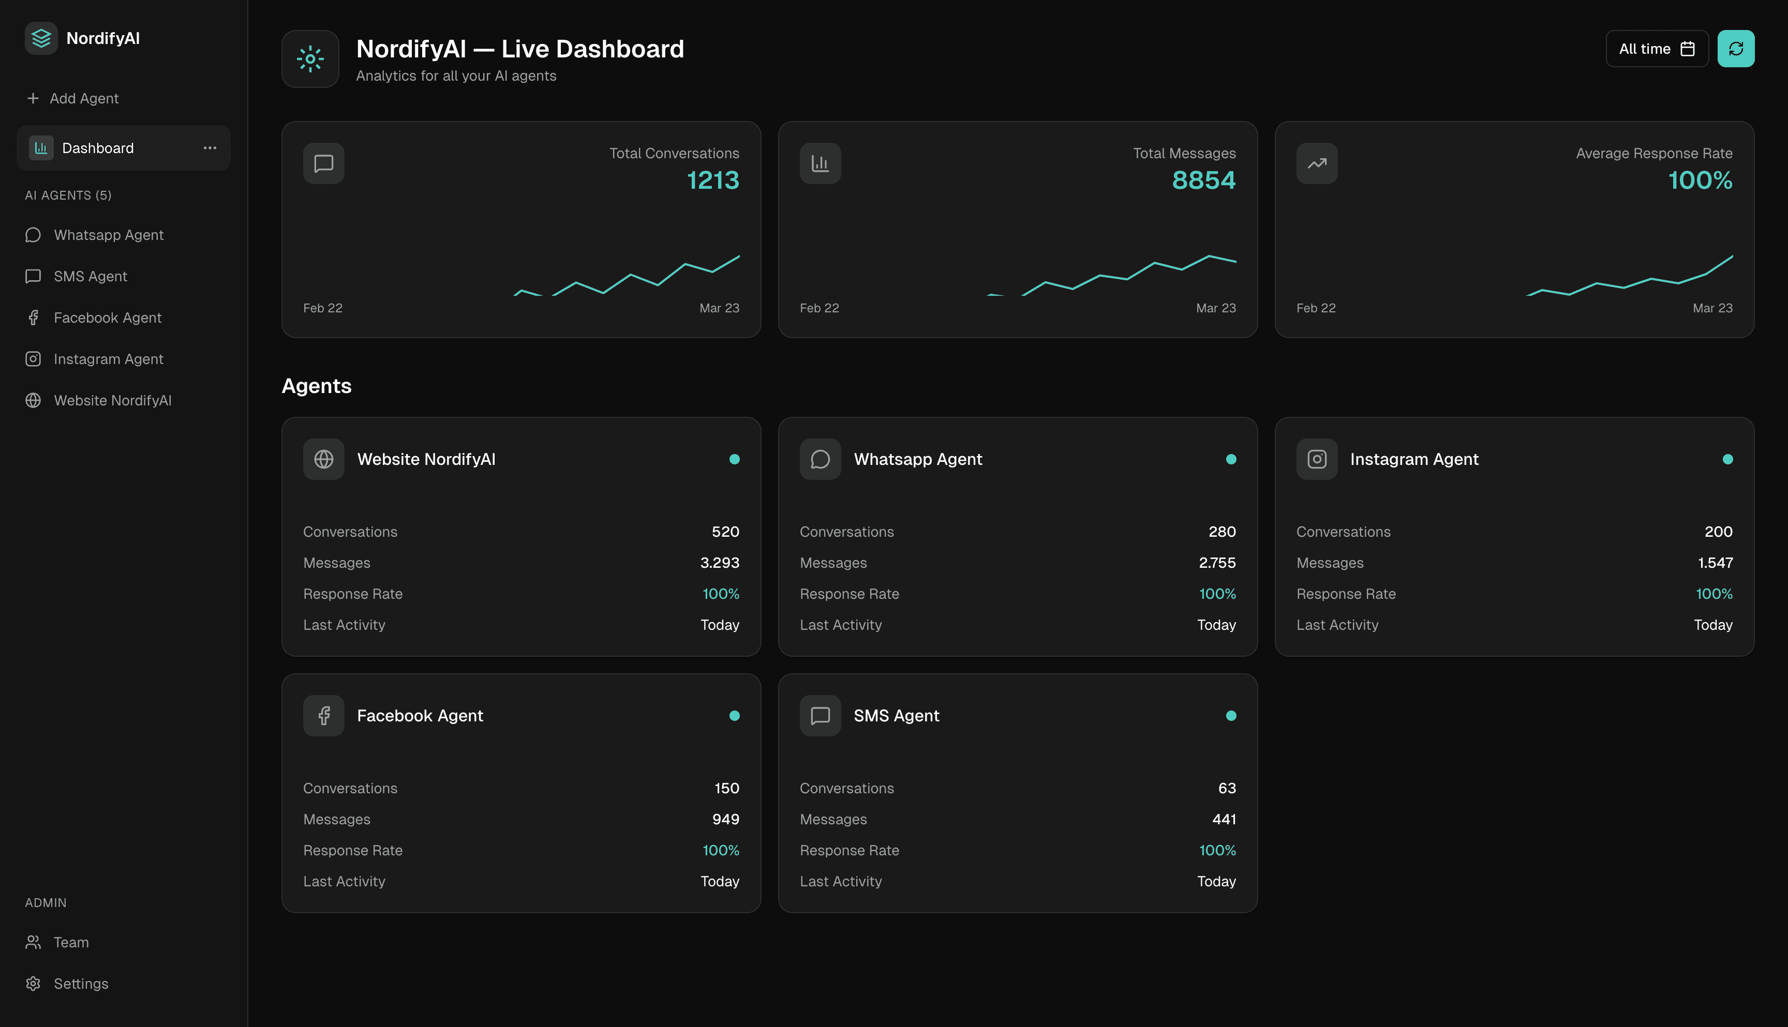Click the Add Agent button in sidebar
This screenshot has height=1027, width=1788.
click(x=72, y=99)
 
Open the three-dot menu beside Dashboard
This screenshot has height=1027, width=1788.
click(x=210, y=148)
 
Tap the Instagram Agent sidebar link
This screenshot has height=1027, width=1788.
click(x=108, y=359)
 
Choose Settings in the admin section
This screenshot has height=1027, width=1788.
click(x=80, y=983)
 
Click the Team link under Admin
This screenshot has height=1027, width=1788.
click(x=70, y=942)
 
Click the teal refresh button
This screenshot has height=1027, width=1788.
click(x=1735, y=49)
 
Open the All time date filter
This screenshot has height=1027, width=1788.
click(x=1656, y=49)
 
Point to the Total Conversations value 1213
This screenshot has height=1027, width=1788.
click(x=712, y=180)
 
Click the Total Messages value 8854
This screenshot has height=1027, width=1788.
click(x=1203, y=180)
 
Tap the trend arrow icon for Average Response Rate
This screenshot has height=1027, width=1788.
click(x=1316, y=163)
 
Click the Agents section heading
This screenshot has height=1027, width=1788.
click(x=316, y=386)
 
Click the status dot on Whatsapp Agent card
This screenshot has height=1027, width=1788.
click(x=1231, y=459)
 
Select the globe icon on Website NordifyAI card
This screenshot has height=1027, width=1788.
click(x=324, y=459)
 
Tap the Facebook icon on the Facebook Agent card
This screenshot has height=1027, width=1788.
click(x=324, y=715)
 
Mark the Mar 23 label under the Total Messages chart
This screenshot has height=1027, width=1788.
click(x=1215, y=308)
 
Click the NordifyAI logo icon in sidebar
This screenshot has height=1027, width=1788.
click(x=41, y=38)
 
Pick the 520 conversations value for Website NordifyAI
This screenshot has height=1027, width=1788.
click(x=725, y=532)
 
